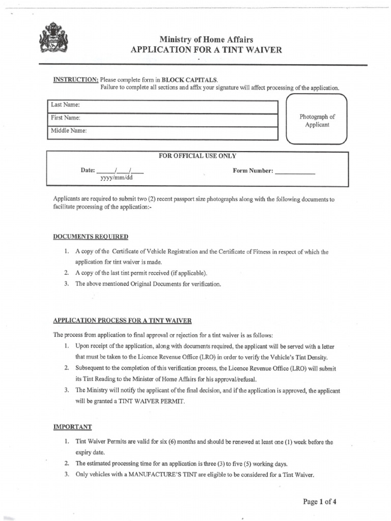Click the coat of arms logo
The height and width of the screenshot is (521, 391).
[x=53, y=38]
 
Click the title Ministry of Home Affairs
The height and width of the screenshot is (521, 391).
[x=206, y=40]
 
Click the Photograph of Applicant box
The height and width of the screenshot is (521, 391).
[x=317, y=121]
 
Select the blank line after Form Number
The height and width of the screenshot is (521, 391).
[x=295, y=172]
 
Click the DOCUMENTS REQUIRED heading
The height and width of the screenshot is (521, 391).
[x=91, y=237]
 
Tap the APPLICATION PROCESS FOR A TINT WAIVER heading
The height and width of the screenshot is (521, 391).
[x=122, y=321]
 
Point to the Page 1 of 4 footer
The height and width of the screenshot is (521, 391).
[x=320, y=502]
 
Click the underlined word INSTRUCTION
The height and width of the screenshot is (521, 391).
[x=76, y=80]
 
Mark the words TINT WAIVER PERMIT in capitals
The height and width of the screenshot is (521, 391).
[x=152, y=401]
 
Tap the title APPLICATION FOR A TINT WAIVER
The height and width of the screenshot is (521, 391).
[x=206, y=50]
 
